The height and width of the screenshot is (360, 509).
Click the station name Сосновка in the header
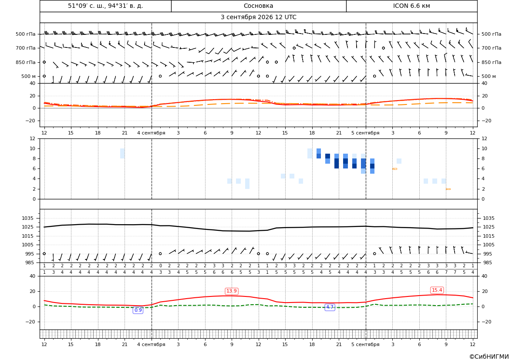coord(258,6)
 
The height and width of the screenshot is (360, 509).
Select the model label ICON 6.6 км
coord(411,6)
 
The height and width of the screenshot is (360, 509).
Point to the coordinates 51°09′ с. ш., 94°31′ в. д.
coord(105,6)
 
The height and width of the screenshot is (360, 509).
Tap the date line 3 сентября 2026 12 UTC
coord(258,17)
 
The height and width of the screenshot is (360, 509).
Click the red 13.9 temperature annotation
coord(232,291)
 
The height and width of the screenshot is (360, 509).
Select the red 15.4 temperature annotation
coord(437,290)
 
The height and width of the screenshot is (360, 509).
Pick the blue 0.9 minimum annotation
coord(138,310)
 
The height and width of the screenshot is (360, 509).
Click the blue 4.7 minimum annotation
coord(330,307)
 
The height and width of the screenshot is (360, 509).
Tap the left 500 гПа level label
coord(26,34)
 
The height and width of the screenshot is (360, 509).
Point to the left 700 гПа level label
coord(26,48)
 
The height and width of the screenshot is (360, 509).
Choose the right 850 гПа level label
coord(492,62)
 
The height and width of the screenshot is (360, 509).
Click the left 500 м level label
coord(29,76)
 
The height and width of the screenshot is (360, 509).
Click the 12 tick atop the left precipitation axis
coord(33,138)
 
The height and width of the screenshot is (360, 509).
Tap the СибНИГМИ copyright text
coord(489,357)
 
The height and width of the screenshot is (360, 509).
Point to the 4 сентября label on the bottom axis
coord(151,344)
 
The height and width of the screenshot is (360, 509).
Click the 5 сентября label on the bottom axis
coord(365,344)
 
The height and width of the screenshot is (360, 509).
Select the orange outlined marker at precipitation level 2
coord(448,189)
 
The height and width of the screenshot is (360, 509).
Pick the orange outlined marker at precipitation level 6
coord(395,169)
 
